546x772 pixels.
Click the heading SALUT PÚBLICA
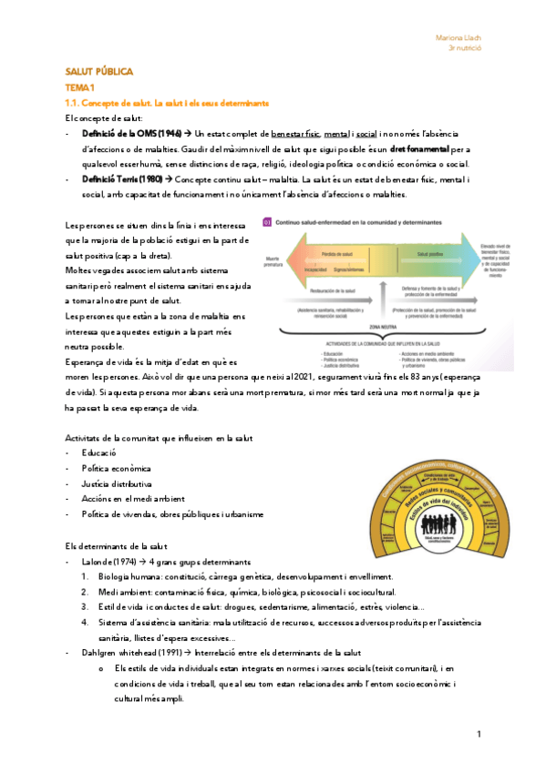(x=99, y=72)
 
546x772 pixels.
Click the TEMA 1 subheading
(x=80, y=87)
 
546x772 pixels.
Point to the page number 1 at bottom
(x=479, y=734)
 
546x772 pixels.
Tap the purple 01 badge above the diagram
(x=267, y=220)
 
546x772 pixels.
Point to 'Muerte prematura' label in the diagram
(x=272, y=260)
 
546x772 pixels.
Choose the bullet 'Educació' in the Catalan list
(x=98, y=452)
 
